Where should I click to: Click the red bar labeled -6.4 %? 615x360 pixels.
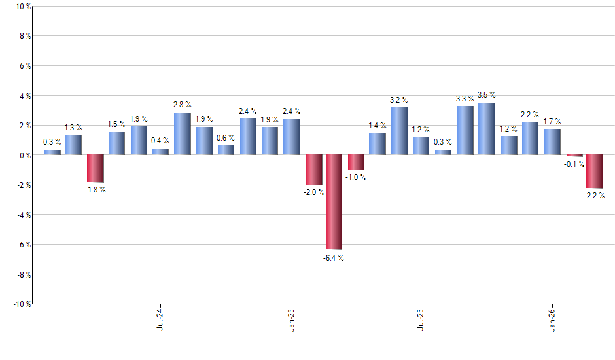(334, 202)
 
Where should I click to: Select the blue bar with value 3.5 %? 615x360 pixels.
(486, 129)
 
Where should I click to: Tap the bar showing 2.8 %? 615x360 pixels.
(183, 134)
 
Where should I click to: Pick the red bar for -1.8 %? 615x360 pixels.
(96, 168)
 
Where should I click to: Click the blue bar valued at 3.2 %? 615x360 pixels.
(399, 132)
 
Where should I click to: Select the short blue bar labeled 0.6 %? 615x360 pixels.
(226, 150)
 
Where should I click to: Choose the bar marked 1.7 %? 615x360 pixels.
(552, 142)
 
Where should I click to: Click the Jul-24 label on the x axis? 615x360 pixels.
(160, 317)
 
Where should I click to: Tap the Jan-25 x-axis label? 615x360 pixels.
(291, 317)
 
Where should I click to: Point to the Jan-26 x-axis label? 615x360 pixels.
(552, 317)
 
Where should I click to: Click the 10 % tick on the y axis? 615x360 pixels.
(22, 7)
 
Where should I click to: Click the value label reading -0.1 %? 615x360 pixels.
(574, 164)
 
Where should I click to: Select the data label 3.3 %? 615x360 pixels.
(465, 99)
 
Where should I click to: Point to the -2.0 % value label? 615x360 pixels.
(313, 192)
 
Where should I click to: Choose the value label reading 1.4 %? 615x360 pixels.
(378, 125)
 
